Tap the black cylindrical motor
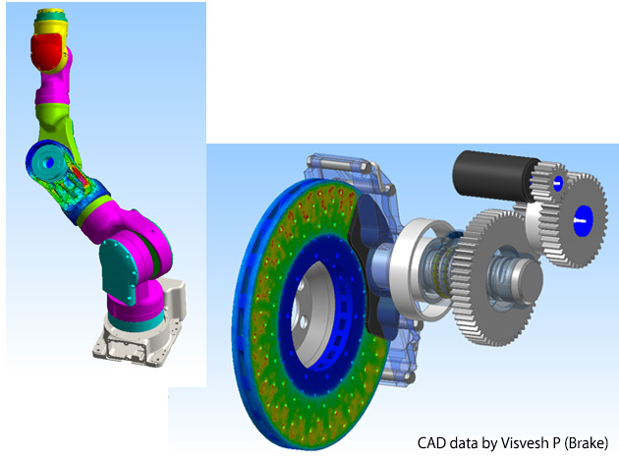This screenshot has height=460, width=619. click(x=494, y=176)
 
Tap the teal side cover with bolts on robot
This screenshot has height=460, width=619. click(x=119, y=271)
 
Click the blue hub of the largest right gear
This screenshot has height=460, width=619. click(x=584, y=220)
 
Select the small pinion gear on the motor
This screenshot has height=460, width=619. click(x=549, y=183)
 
